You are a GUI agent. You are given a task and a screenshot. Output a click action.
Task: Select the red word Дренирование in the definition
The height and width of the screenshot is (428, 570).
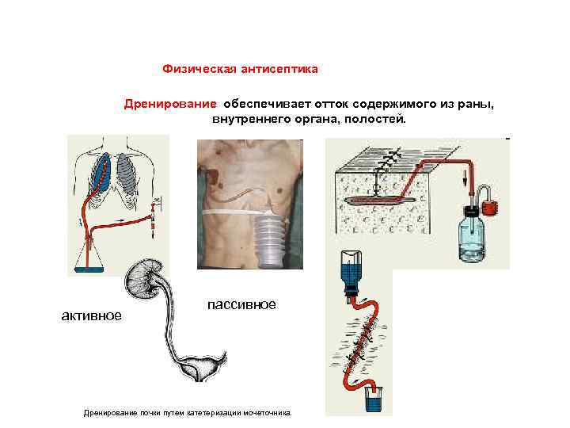click(x=169, y=104)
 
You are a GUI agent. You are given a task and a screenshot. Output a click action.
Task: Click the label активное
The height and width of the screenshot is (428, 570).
click(x=92, y=315)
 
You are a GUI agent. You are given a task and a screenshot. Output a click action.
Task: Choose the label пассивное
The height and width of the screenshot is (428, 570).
click(x=241, y=304)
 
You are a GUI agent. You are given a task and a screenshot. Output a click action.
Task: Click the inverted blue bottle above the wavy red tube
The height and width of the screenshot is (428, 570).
click(x=349, y=274)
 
